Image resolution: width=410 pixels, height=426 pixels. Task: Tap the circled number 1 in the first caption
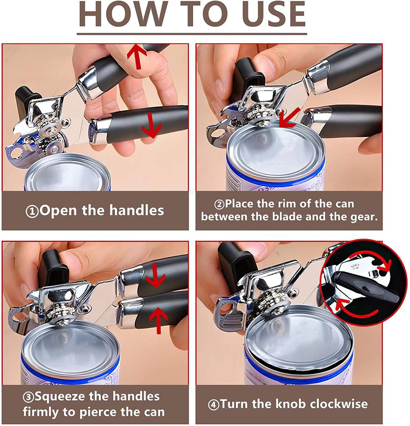32,211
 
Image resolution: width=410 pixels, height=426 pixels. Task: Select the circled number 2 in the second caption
219,204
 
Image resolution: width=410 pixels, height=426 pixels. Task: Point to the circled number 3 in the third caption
28,396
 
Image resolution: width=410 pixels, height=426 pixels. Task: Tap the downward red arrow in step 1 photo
151,126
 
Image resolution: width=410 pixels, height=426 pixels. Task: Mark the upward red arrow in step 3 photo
159,319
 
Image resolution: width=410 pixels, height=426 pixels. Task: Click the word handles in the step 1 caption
137,211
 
